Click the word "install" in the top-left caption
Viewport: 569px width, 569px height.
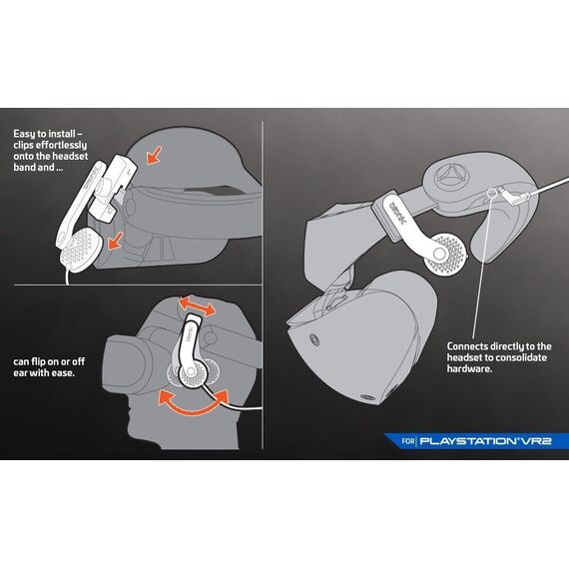61,134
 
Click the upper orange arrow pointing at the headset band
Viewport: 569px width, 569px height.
154,155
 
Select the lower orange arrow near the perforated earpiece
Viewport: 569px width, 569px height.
116,241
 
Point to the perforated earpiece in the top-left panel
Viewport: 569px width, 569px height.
81,251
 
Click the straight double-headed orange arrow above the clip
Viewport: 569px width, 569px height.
198,306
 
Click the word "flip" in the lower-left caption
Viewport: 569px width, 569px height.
38,361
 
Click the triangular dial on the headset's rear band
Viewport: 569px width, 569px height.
451,176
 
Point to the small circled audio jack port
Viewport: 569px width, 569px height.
492,193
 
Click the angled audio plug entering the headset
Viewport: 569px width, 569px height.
514,194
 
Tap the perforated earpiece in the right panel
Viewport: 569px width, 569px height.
445,255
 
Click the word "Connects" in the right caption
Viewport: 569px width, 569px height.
467,346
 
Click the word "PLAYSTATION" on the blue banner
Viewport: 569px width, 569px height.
468,441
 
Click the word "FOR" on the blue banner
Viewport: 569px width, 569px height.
408,441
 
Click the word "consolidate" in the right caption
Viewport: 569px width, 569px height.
521,357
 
